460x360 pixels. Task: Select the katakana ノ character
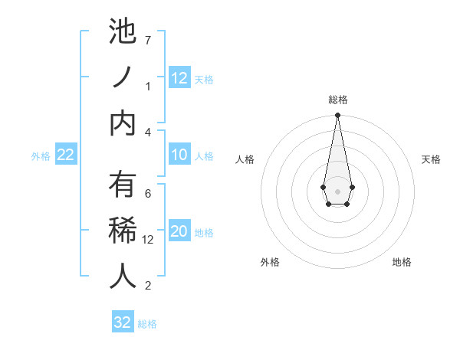click(123, 77)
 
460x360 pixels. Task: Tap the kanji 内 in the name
click(123, 123)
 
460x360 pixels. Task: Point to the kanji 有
click(123, 184)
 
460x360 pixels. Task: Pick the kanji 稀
click(123, 230)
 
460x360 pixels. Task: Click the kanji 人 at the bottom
click(123, 276)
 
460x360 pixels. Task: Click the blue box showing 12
click(179, 77)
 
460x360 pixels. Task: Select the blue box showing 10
click(179, 154)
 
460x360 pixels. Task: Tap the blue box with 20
click(179, 231)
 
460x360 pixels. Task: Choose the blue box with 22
click(65, 155)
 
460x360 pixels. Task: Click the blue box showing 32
click(123, 322)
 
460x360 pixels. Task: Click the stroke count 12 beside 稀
click(149, 239)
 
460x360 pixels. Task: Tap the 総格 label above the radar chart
click(337, 100)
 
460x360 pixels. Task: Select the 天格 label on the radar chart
click(431, 159)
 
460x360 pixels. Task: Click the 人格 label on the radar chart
click(245, 159)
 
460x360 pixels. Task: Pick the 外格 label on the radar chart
click(270, 263)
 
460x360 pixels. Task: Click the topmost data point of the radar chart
click(337, 116)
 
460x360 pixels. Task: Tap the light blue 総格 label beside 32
click(147, 324)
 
